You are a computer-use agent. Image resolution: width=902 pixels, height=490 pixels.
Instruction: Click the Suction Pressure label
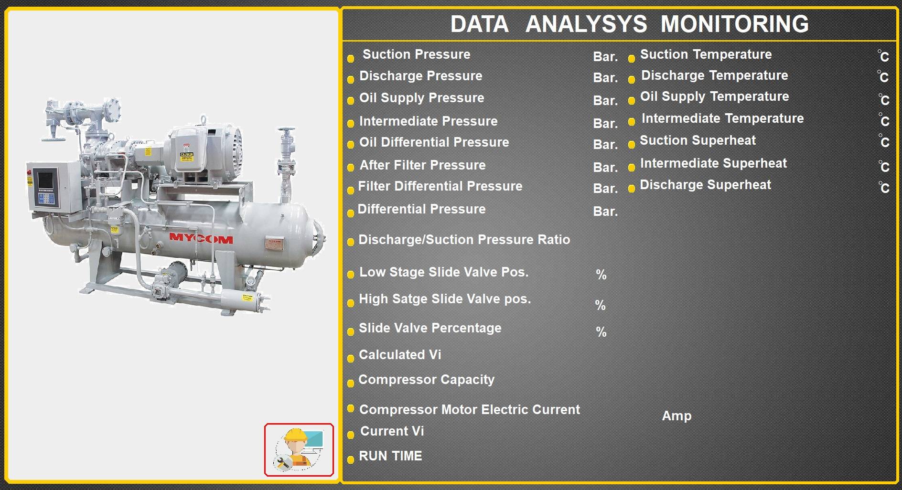coord(416,54)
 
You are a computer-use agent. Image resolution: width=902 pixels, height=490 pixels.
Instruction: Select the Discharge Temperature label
coord(714,75)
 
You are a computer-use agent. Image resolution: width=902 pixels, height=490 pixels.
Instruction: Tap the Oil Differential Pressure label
coord(434,142)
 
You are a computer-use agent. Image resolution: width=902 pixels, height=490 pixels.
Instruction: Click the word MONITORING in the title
coord(734,24)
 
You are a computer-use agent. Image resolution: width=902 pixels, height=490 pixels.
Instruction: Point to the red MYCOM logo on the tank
coord(201,238)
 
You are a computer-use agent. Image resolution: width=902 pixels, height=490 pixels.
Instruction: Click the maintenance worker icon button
coord(299,450)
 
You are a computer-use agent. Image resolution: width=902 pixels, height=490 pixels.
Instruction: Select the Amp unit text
coord(676,416)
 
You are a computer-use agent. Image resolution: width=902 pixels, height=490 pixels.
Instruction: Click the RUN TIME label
coord(390,456)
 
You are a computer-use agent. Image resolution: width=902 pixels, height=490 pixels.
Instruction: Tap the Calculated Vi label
coord(400,355)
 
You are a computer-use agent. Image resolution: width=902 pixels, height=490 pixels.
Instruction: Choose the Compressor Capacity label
coord(426,380)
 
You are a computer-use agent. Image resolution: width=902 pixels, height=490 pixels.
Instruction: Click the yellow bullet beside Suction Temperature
coord(631,59)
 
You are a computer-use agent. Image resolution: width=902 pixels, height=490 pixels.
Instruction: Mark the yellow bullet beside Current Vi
coord(350,435)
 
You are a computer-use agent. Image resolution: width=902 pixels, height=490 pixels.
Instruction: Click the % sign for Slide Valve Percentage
coord(601,332)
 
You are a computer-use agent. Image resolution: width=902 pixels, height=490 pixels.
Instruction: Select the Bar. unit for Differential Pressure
coord(605,212)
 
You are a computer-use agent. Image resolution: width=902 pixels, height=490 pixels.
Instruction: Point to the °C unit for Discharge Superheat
coord(883,187)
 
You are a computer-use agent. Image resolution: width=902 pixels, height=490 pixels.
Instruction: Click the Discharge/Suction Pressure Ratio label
coord(464,240)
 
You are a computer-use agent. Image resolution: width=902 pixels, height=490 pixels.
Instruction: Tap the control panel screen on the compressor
coord(46,180)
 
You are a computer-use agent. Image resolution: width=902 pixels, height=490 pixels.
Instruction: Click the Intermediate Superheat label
coord(713,163)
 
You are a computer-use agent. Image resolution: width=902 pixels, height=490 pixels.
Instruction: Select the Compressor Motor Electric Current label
coord(470,410)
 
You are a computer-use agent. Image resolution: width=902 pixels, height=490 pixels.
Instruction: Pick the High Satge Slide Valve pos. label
coord(445,299)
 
